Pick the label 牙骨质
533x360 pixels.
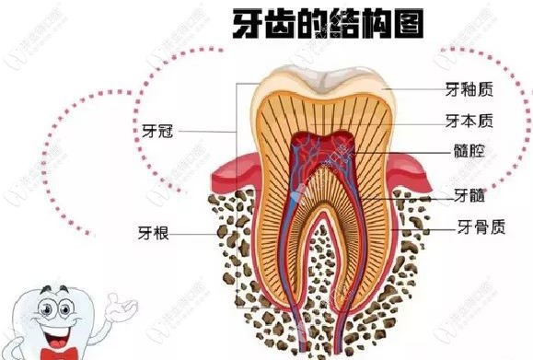point(479,226)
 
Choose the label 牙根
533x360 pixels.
point(153,234)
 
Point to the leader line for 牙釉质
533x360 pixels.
point(414,89)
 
